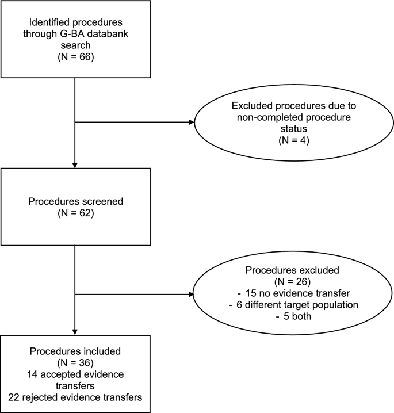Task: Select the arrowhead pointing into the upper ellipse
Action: click(x=191, y=123)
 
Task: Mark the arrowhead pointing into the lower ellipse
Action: click(x=191, y=295)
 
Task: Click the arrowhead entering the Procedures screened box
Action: click(x=75, y=165)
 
